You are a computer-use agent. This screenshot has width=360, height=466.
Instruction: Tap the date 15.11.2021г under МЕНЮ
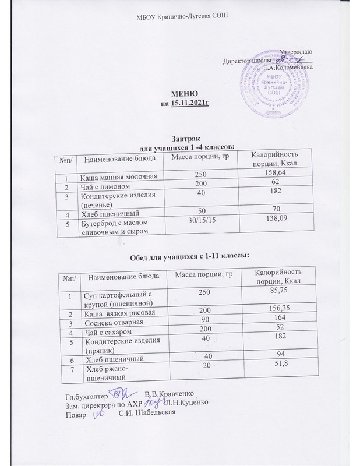tap(189, 103)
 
